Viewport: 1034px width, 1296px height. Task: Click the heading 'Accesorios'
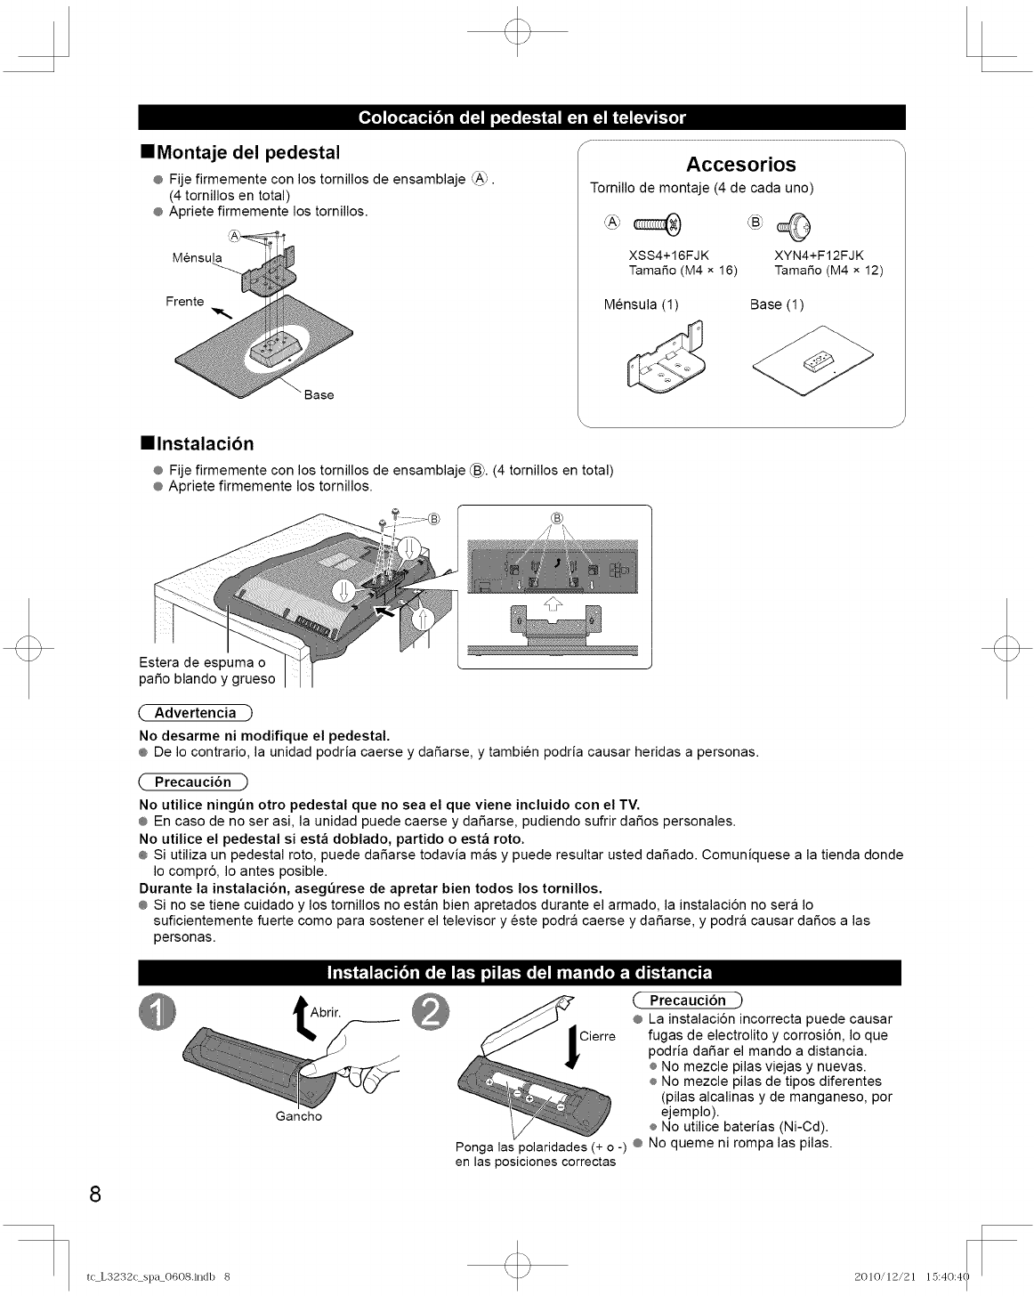[x=740, y=165]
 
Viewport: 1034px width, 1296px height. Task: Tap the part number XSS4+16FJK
[x=668, y=255]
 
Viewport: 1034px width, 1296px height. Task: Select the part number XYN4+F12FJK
[x=819, y=255]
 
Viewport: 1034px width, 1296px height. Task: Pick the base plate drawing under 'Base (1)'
[x=812, y=360]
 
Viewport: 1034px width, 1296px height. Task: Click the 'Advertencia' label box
[x=196, y=713]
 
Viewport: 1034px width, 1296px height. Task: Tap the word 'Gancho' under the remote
[x=299, y=1116]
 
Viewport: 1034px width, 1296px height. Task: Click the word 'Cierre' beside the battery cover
[x=597, y=1036]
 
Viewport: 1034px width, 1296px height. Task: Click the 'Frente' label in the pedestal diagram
[x=185, y=302]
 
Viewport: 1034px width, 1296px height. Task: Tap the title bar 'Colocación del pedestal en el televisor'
[x=521, y=117]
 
